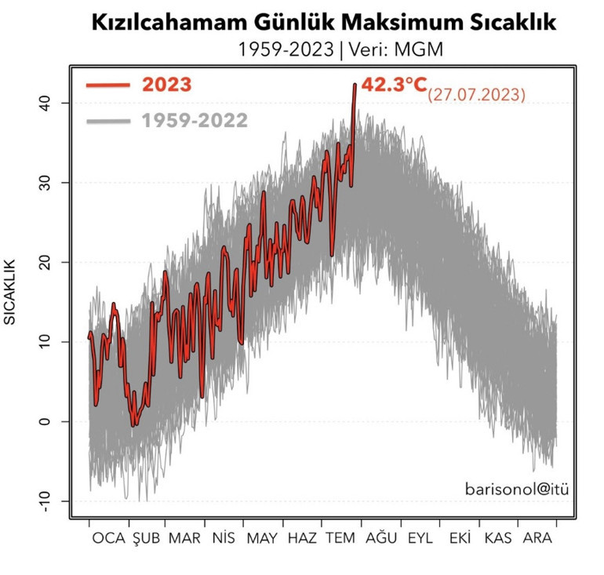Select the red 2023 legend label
point(166,85)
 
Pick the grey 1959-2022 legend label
point(195,121)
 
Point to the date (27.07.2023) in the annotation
point(476,95)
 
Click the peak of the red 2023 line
point(355,84)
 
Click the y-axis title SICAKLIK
point(11,291)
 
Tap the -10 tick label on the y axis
point(46,501)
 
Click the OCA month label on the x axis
point(108,540)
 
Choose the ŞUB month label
point(146,540)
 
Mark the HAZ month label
point(302,540)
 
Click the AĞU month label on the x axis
point(380,540)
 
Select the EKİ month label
point(460,540)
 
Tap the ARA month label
point(537,540)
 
